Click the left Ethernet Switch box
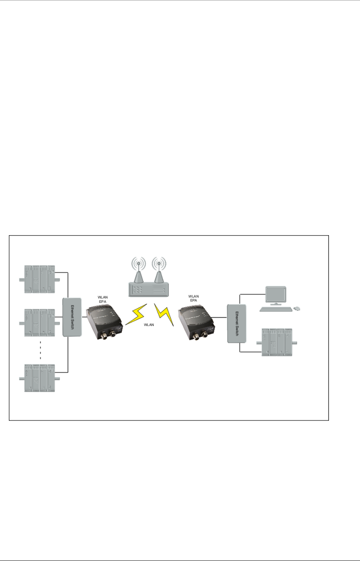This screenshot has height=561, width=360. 72,317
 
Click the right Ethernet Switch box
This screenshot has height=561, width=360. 236,323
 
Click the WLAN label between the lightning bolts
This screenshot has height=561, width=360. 149,325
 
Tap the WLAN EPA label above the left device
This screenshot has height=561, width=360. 102,299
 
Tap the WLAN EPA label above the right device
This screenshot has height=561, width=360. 194,298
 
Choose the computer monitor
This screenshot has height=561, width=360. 276,295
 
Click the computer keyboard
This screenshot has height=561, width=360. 274,309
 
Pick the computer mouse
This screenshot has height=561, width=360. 296,308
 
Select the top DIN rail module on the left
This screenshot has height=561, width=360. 40,279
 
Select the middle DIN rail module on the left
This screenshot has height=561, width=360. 40,322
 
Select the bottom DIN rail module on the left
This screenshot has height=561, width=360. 40,378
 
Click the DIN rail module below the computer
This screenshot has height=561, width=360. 277,342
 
